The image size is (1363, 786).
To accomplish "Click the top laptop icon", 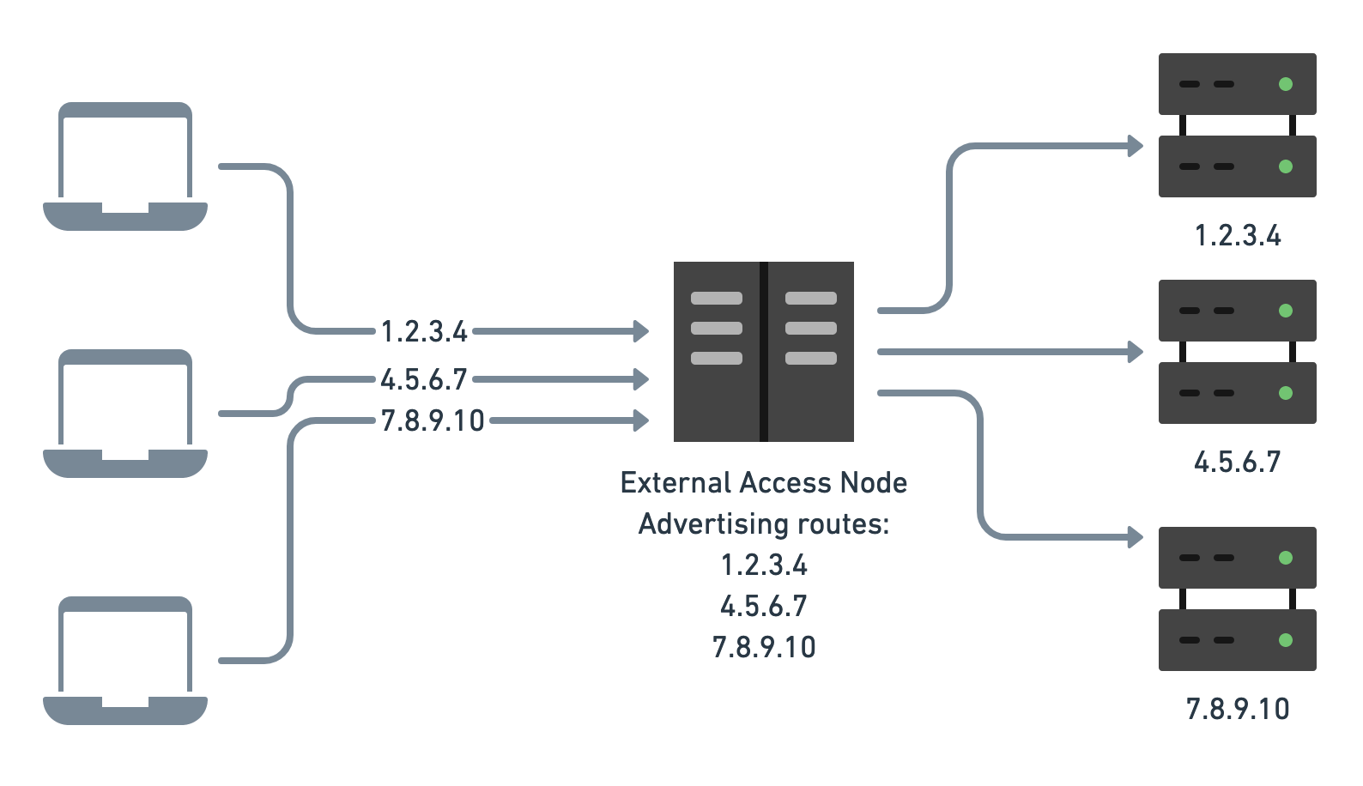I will click(125, 166).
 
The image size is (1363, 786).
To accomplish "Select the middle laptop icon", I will click(125, 414).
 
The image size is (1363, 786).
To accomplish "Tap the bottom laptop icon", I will click(125, 661).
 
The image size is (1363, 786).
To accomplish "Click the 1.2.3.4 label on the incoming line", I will click(424, 331).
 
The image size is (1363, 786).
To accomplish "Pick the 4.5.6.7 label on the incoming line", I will click(424, 378).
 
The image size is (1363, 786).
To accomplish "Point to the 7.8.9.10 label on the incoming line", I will click(433, 420).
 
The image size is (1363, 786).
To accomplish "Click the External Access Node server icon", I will click(763, 352).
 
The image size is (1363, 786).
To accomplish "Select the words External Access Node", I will click(763, 483).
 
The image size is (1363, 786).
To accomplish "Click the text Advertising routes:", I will click(763, 524).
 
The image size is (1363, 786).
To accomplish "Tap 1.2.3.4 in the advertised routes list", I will click(764, 565).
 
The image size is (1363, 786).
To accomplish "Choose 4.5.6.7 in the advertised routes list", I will click(764, 607).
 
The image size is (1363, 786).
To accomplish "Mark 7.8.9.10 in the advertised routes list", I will click(764, 647).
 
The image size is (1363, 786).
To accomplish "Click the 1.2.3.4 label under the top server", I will click(1237, 236).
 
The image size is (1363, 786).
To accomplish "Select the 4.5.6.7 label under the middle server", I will click(1237, 463).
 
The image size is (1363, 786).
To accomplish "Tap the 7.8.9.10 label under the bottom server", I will click(1237, 710).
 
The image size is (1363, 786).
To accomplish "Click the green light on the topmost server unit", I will click(1285, 84).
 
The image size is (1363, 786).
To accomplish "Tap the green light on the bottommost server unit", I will click(1285, 640).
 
